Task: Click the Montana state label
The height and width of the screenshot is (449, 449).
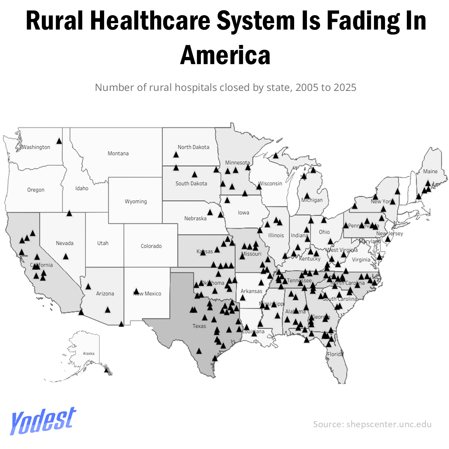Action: pyautogui.click(x=118, y=153)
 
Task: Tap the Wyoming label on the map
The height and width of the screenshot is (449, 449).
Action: pyautogui.click(x=135, y=201)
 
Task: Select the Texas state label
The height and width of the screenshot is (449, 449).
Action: pyautogui.click(x=199, y=326)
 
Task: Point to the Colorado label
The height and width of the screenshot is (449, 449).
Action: pyautogui.click(x=151, y=246)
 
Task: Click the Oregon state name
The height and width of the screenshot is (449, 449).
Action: pyautogui.click(x=36, y=190)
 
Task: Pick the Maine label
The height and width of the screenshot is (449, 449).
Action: pyautogui.click(x=430, y=171)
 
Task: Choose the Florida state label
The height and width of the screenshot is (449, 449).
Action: pyautogui.click(x=335, y=354)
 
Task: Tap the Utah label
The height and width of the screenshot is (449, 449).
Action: pyautogui.click(x=103, y=243)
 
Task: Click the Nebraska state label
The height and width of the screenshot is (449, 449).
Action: pyautogui.click(x=195, y=218)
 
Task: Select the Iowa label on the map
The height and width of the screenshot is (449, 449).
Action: pyautogui.click(x=243, y=213)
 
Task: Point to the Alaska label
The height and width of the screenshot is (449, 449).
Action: pyautogui.click(x=88, y=353)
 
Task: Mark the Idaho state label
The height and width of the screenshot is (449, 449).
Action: pyautogui.click(x=82, y=188)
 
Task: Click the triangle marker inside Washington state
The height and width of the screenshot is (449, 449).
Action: pyautogui.click(x=59, y=141)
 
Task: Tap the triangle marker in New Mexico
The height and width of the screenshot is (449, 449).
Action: pyautogui.click(x=136, y=291)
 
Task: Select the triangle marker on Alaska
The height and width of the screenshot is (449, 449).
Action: pyautogui.click(x=106, y=370)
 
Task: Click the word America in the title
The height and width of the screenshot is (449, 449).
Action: pyautogui.click(x=225, y=55)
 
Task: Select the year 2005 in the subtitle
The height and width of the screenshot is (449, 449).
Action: pyautogui.click(x=307, y=87)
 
